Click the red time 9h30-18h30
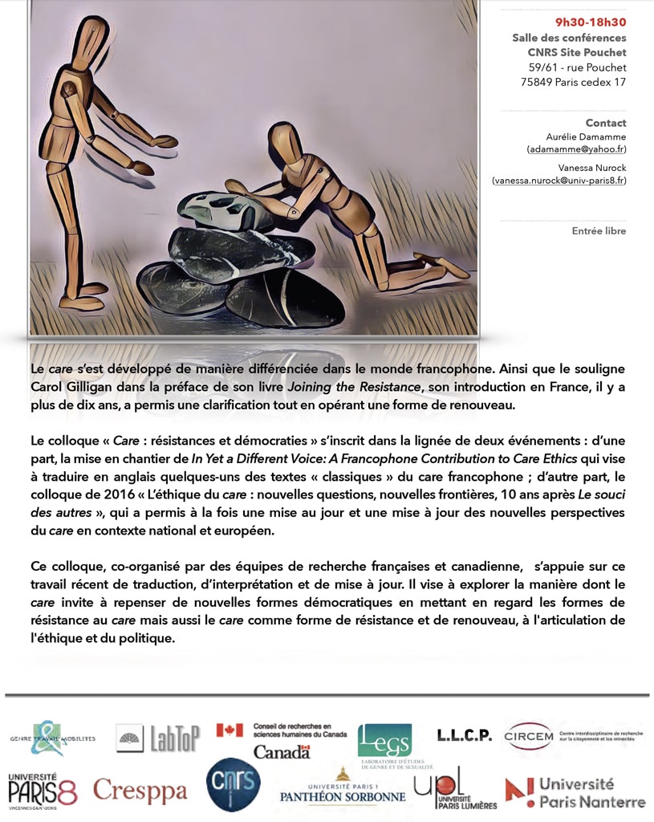(591, 22)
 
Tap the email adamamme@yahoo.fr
(576, 149)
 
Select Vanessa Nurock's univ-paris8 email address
(559, 181)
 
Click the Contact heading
(606, 123)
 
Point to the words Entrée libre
(599, 231)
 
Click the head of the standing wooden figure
(91, 37)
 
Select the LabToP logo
(158, 738)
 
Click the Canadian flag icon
(230, 730)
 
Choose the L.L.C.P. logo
(464, 735)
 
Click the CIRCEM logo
(530, 735)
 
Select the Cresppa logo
(140, 791)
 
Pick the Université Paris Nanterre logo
(575, 791)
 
